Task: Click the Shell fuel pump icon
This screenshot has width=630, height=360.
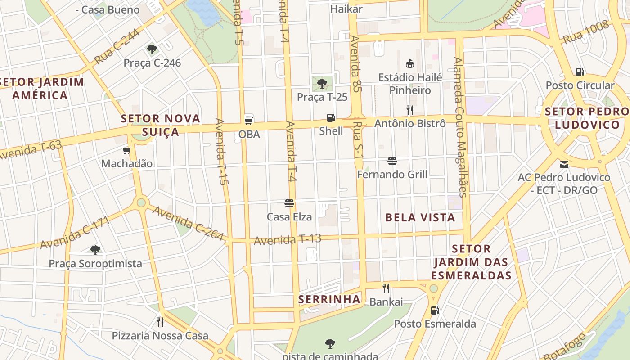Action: click(331, 118)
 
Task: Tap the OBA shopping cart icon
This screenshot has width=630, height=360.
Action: click(248, 121)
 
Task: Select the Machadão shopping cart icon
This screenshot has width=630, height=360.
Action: click(127, 150)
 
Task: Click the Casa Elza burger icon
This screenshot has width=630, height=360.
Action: click(289, 203)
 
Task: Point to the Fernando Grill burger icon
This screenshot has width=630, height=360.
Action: click(392, 161)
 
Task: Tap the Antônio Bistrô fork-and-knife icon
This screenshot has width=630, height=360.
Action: click(409, 110)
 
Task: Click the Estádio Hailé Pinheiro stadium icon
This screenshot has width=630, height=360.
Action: click(410, 63)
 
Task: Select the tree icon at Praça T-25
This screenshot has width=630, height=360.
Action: click(322, 83)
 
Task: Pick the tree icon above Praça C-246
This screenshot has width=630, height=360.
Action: click(152, 49)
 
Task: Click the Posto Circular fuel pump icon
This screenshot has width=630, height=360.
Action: click(580, 72)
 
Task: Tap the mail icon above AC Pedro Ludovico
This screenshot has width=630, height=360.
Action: click(564, 164)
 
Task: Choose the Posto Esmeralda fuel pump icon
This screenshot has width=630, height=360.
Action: click(435, 310)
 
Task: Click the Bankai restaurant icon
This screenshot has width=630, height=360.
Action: click(386, 288)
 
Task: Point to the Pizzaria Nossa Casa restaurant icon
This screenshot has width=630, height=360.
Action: click(160, 322)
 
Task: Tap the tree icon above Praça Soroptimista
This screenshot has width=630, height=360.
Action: click(95, 250)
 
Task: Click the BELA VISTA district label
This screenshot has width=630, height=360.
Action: click(420, 218)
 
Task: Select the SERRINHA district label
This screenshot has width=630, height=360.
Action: click(329, 299)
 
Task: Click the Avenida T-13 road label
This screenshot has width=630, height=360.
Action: click(288, 239)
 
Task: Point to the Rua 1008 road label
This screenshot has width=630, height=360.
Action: click(586, 32)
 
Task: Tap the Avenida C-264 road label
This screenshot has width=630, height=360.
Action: click(188, 223)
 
